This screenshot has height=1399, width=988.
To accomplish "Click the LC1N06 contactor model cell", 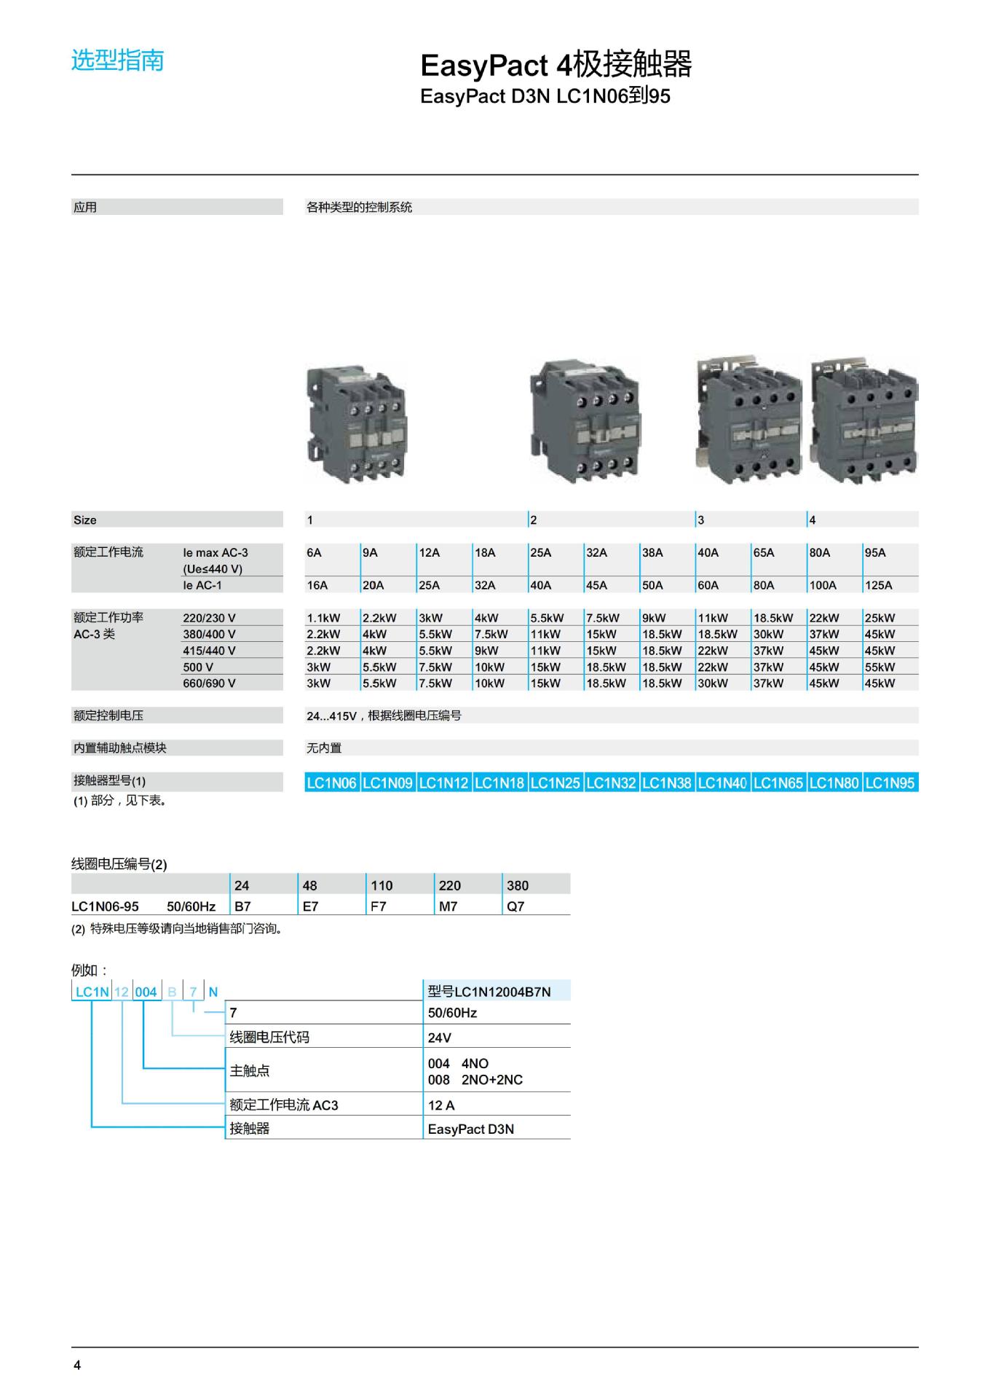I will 331,783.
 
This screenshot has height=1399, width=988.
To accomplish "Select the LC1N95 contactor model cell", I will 890,783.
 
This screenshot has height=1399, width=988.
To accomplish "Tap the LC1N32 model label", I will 611,783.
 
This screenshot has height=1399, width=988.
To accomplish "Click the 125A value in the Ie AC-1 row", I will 878,585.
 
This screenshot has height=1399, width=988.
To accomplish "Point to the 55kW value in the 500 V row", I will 880,667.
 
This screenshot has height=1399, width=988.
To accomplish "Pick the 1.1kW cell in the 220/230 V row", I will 323,618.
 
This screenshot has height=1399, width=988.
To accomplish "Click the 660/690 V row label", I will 209,683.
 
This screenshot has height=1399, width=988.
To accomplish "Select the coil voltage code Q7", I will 515,906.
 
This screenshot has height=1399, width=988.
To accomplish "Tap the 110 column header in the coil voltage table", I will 382,886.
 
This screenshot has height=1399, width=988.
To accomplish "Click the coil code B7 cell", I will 242,906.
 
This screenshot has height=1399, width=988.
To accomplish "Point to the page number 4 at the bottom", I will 77,1365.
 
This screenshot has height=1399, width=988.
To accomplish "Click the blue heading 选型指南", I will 117,60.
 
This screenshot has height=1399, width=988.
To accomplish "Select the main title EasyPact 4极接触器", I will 556,66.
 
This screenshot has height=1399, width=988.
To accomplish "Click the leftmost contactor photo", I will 356,422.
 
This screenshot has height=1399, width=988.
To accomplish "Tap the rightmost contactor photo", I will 864,421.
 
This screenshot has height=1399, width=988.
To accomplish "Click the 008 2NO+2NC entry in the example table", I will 475,1080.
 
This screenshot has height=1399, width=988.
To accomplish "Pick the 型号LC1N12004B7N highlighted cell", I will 489,992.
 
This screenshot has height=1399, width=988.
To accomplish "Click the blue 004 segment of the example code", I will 146,992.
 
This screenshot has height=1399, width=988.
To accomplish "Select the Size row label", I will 84,520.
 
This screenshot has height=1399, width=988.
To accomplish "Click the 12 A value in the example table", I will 441,1105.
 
